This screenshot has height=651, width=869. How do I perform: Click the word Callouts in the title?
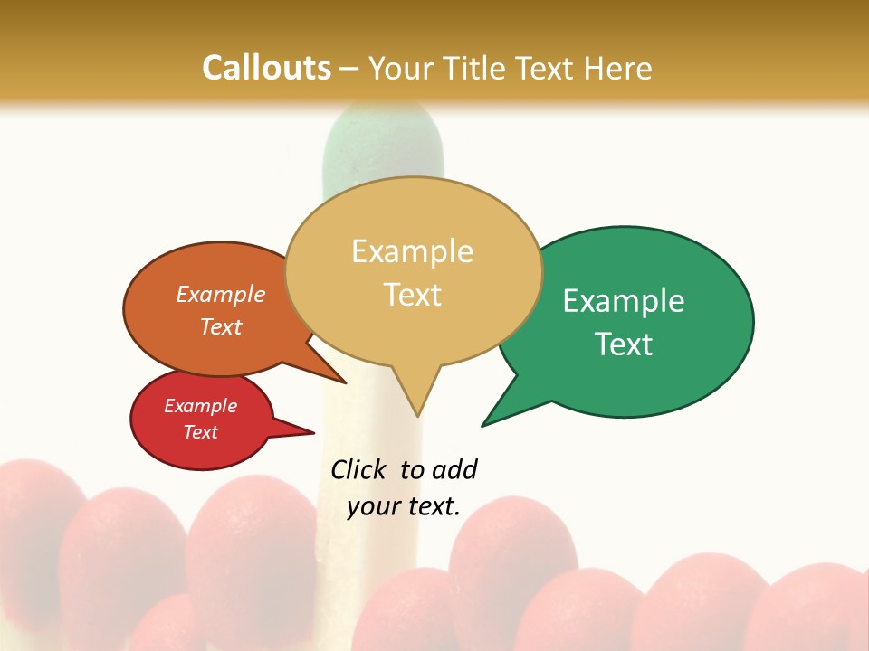pyautogui.click(x=266, y=68)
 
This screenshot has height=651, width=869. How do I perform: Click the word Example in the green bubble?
pyautogui.click(x=624, y=301)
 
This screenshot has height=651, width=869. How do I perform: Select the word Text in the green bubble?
pyautogui.click(x=625, y=344)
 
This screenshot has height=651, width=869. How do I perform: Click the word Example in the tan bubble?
pyautogui.click(x=412, y=251)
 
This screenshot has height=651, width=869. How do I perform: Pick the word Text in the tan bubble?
pyautogui.click(x=413, y=295)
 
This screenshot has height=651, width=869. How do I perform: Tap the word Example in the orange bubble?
pyautogui.click(x=221, y=295)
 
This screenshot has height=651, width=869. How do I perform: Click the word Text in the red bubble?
pyautogui.click(x=200, y=432)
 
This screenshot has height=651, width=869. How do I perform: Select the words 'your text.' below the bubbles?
pyautogui.click(x=404, y=506)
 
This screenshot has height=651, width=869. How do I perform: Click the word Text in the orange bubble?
pyautogui.click(x=221, y=326)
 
